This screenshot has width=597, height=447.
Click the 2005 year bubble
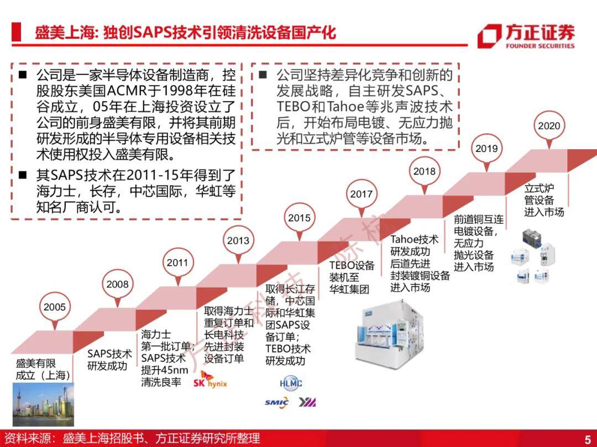tap(54, 307)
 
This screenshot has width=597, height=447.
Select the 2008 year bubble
tap(117, 284)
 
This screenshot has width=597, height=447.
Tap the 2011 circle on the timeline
tap(177, 262)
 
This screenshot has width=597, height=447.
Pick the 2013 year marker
tap(238, 240)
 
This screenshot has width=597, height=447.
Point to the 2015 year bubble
tap(299, 218)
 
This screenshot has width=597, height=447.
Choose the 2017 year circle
tap(362, 194)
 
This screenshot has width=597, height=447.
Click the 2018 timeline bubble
tap(424, 171)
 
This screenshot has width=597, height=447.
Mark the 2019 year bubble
tap(486, 149)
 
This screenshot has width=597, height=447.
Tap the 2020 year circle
tap(549, 125)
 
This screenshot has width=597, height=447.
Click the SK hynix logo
tap(210, 380)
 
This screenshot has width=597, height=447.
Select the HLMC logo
tap(291, 383)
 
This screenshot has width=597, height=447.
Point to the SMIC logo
tap(277, 402)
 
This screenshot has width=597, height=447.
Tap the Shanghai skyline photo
tap(44, 404)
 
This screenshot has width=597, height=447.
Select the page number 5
tap(588, 439)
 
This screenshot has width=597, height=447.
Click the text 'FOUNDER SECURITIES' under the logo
tap(540, 46)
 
